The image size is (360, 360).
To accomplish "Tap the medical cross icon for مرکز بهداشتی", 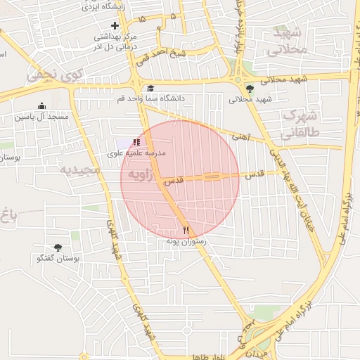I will coord(115,26).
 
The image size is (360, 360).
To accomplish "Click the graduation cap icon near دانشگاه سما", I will coord(150,88).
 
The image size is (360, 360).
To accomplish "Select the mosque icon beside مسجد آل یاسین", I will coord(41,105).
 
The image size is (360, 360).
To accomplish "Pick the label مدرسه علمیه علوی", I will coord(136,153).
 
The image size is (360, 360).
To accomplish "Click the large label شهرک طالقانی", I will coord(300,124).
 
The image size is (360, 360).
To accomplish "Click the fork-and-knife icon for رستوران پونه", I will coord(186,229).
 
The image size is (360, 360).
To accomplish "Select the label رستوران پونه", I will coord(182,240).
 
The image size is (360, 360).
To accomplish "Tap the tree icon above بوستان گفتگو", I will coord(58,247).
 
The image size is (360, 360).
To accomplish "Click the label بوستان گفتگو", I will coord(58,259).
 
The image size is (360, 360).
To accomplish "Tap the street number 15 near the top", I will coord(143,19).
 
